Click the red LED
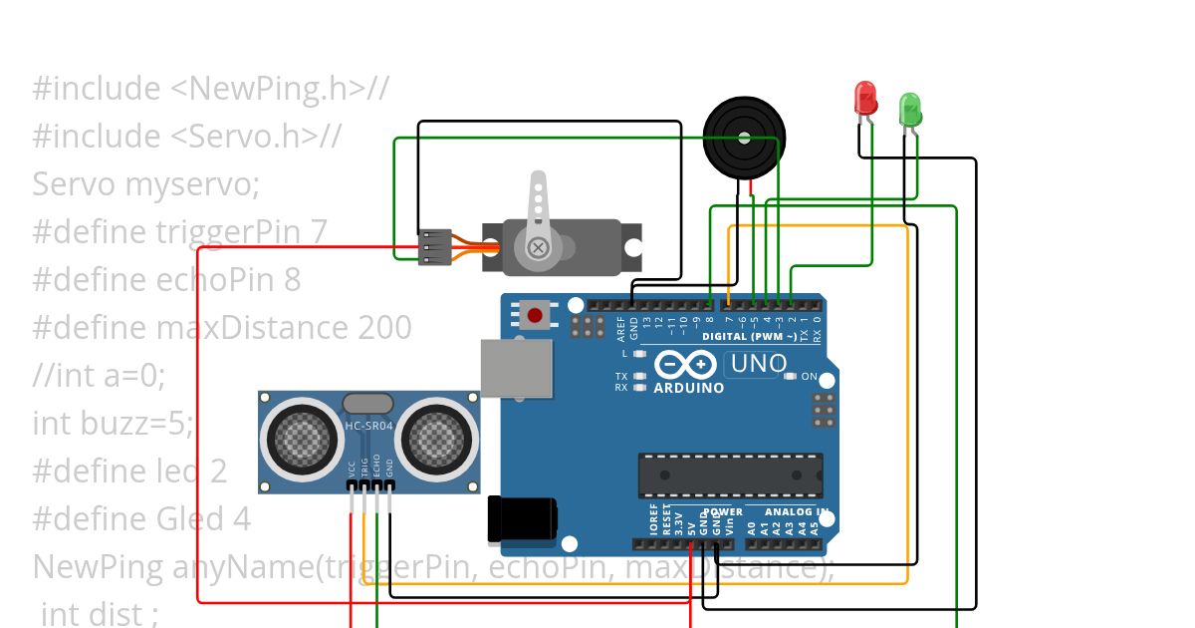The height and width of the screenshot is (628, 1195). (865, 98)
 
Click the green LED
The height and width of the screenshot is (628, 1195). (910, 108)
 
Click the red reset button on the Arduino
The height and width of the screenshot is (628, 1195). (535, 316)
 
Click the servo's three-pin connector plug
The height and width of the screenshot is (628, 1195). (434, 247)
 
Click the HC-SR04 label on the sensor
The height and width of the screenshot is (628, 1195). (368, 427)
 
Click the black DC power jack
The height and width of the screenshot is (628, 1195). (521, 520)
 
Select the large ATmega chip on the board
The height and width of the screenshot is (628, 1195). (730, 474)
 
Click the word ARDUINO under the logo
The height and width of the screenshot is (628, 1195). (688, 388)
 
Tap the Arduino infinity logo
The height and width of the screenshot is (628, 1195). (688, 364)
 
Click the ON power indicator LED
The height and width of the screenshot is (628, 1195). (791, 377)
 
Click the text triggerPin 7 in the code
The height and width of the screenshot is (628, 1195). (242, 231)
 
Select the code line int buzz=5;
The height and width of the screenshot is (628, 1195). (113, 423)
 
